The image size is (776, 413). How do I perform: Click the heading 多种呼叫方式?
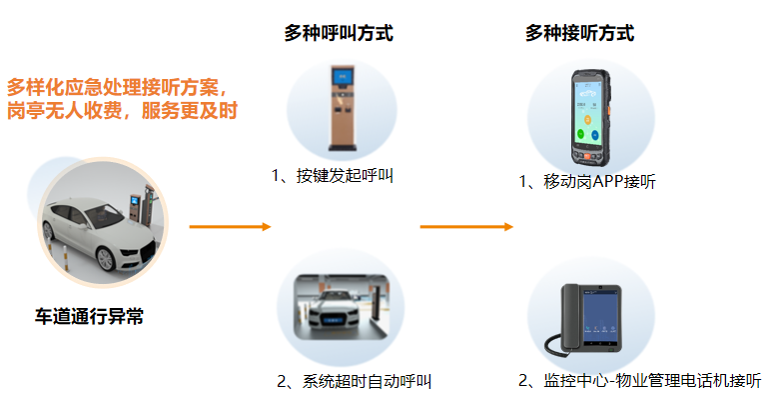(x=339, y=33)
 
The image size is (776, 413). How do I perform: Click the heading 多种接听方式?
(x=579, y=33)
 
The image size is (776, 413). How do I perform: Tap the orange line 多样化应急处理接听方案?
(x=117, y=87)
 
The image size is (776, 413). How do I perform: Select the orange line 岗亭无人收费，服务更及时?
(x=122, y=110)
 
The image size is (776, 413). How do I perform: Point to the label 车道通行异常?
(x=89, y=316)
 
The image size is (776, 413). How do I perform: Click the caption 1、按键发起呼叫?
(x=333, y=176)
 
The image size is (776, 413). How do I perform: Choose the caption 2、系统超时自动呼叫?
(x=354, y=381)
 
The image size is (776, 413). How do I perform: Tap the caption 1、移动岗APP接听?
(x=587, y=182)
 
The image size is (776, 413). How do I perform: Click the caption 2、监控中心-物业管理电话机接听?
(x=639, y=381)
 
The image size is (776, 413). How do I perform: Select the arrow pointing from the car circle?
(x=230, y=227)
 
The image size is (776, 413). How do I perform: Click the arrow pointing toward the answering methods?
(x=466, y=227)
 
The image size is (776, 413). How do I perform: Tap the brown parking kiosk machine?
(x=343, y=108)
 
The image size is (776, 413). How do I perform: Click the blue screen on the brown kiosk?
(x=343, y=77)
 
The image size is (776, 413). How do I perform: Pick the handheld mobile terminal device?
(x=590, y=118)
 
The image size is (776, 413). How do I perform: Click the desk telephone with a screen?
(x=583, y=320)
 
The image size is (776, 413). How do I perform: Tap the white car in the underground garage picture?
(x=334, y=310)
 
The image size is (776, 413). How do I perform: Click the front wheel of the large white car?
(x=106, y=259)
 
